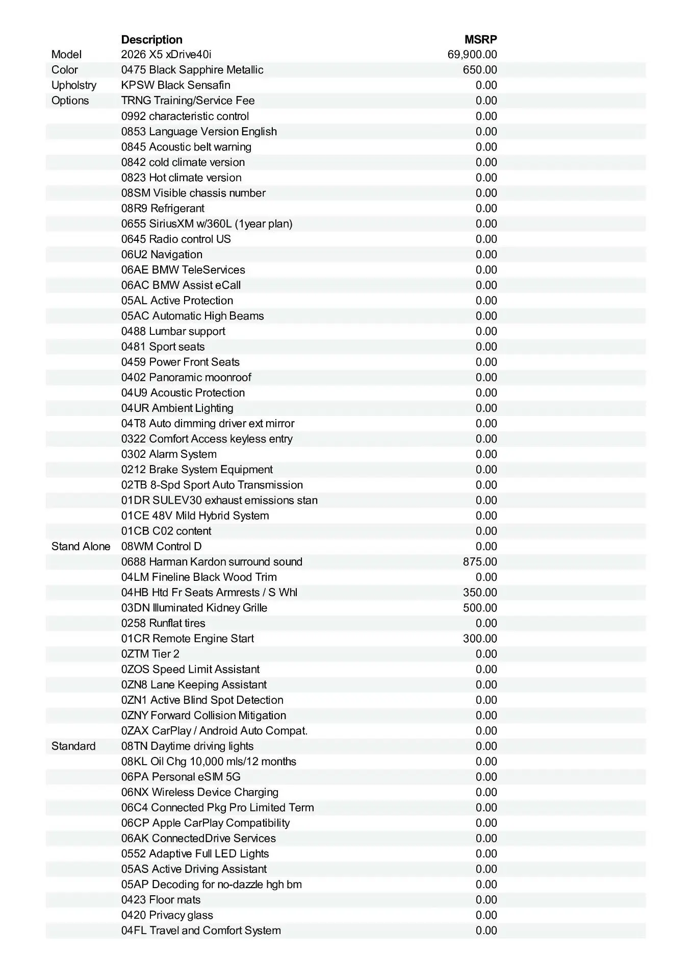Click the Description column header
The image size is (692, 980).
pyautogui.click(x=151, y=40)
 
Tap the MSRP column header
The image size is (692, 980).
pyautogui.click(x=480, y=40)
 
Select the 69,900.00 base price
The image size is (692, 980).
pyautogui.click(x=472, y=55)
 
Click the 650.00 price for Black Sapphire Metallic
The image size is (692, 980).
pyautogui.click(x=480, y=70)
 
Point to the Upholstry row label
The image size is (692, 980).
pyautogui.click(x=73, y=85)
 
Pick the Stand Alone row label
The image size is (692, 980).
pyautogui.click(x=81, y=547)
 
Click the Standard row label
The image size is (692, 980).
pyautogui.click(x=73, y=746)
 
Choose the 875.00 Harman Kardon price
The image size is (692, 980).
pyautogui.click(x=480, y=562)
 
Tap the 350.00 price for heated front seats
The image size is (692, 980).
pyautogui.click(x=480, y=593)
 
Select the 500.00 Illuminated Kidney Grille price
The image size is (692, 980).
pyautogui.click(x=480, y=608)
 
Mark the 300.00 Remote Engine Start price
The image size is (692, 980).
pyautogui.click(x=480, y=639)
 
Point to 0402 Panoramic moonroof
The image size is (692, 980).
pyautogui.click(x=186, y=378)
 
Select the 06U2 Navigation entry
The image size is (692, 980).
pyautogui.click(x=162, y=255)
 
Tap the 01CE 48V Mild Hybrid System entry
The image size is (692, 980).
pyautogui.click(x=195, y=516)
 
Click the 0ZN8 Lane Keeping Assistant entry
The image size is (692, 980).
pyautogui.click(x=194, y=685)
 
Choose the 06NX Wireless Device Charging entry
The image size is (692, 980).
pyautogui.click(x=200, y=792)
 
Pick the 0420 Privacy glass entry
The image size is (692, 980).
pyautogui.click(x=167, y=915)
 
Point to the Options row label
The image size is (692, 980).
pyautogui.click(x=70, y=101)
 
